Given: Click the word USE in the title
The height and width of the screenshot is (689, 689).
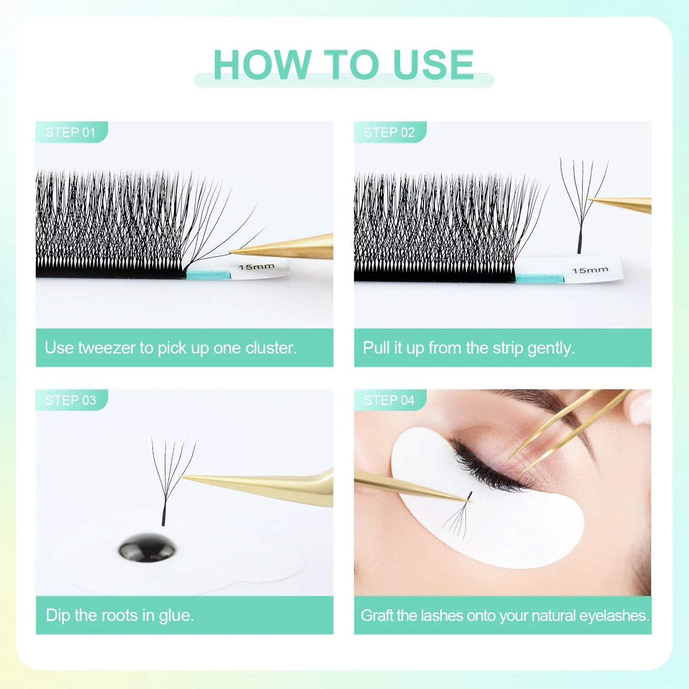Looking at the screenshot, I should coord(433,65).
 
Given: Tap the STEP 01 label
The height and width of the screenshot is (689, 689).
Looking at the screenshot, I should coord(71,132).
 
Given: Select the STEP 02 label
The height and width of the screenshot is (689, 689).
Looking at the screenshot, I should coord(389,132).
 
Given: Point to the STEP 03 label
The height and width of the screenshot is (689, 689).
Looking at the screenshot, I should coord(71,400).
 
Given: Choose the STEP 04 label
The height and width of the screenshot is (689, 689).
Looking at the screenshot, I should coord(389,400).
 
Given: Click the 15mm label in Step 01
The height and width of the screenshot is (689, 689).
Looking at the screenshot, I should coord(257,267).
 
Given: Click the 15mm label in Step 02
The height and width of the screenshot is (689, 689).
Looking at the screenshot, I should coord(590,270).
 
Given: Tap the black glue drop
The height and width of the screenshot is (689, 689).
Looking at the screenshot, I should coord(147,548).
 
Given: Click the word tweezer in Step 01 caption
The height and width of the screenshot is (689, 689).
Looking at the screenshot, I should coord(107,348).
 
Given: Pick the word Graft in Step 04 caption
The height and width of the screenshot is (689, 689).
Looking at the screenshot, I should coord(377,616).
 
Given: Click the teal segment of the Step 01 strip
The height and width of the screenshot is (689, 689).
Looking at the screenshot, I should coord(208,274).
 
